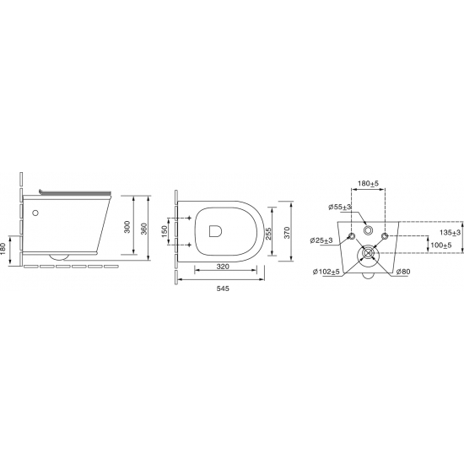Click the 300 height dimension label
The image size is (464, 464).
click(x=127, y=227)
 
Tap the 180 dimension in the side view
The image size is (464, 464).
click(x=3, y=247)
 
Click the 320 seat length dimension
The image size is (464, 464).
click(x=223, y=267)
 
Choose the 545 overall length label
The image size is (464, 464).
click(x=223, y=289)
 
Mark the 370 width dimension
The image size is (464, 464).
click(x=287, y=233)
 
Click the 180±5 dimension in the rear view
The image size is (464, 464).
click(x=368, y=183)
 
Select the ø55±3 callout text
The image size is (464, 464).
click(x=339, y=208)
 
